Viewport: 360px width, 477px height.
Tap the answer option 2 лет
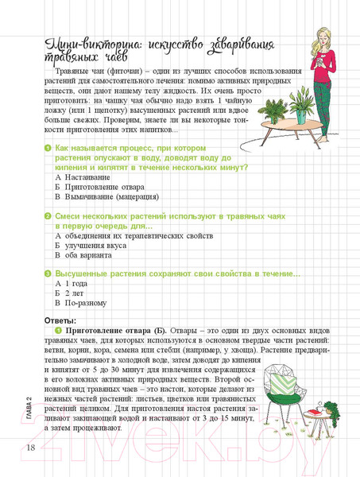click(x=76, y=293)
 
